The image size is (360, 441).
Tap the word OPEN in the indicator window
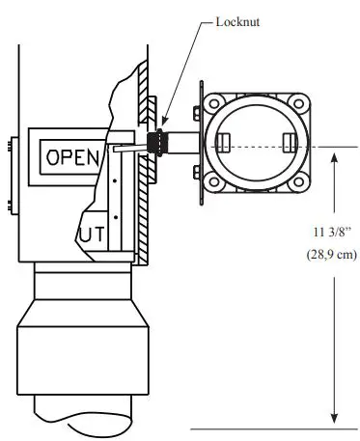tap(67, 155)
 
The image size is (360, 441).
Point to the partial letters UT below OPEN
tap(92, 234)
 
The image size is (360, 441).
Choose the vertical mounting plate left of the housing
tap(199, 145)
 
